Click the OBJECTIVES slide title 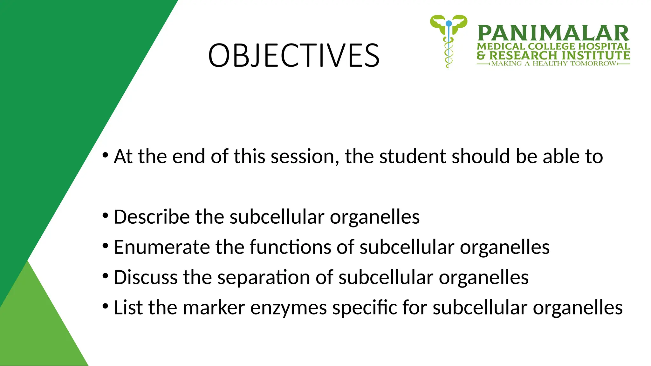click(294, 56)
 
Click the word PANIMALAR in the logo click(553, 33)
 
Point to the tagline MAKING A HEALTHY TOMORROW click(553, 64)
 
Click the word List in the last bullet click(128, 308)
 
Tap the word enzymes click(288, 308)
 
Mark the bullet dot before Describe click(106, 216)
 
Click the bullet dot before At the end click(106, 156)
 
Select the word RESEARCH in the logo click(523, 55)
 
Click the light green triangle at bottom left click(35, 330)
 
